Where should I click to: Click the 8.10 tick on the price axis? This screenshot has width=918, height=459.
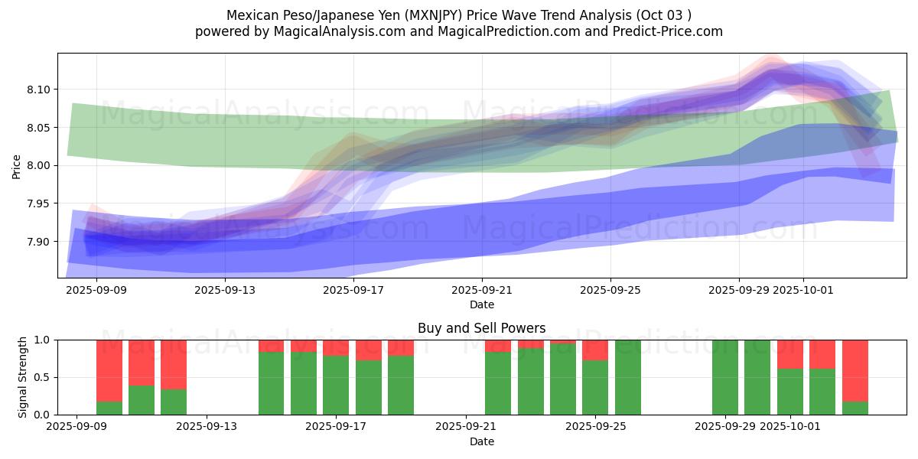coord(39,90)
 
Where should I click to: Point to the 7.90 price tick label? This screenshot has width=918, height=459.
coord(39,242)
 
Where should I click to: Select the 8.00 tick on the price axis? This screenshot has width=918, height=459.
coord(39,165)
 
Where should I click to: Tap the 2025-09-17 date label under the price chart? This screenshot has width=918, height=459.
coord(353,291)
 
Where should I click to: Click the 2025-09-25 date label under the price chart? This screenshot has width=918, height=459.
coord(610,291)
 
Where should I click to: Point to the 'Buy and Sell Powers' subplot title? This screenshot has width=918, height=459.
coord(481,328)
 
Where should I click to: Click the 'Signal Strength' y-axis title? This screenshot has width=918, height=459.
coord(23,377)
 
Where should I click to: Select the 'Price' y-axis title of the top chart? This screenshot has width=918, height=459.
coord(17,165)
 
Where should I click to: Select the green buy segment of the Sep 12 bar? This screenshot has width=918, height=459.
coord(174,402)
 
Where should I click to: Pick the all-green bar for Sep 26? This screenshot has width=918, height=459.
coord(627,377)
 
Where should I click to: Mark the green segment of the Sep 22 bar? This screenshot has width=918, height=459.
coord(498,383)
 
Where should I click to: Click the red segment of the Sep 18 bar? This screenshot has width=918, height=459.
coord(368,350)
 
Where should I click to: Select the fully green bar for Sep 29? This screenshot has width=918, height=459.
coord(724,377)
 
